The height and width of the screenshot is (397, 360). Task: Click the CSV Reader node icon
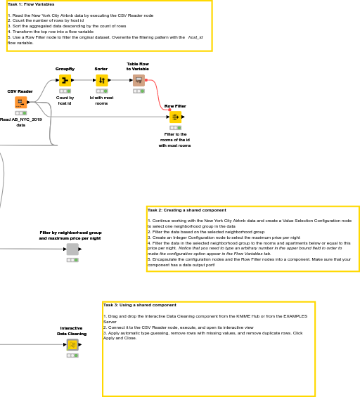(20, 103)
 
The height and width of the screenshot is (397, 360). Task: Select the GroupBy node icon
(65, 80)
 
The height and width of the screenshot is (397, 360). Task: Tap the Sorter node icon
(101, 80)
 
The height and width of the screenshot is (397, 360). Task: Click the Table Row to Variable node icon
(138, 80)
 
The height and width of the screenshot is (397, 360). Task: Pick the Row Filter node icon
(175, 117)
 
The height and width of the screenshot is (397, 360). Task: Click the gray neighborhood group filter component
(72, 249)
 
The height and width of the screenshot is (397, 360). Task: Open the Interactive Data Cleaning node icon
(72, 345)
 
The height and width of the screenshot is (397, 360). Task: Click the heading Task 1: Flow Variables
(31, 4)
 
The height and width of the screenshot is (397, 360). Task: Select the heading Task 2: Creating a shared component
(186, 210)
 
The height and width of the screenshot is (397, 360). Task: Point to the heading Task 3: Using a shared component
(139, 305)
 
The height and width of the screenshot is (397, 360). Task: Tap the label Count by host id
(65, 100)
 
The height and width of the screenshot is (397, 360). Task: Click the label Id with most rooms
(101, 100)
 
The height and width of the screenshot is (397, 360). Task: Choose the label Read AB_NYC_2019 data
(20, 122)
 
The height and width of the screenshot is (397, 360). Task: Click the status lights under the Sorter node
(101, 91)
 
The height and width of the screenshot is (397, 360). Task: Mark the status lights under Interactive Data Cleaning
(72, 356)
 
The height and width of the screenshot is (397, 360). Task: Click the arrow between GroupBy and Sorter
(83, 80)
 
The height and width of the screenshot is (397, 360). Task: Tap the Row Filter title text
(175, 106)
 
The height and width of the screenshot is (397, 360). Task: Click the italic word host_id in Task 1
(195, 37)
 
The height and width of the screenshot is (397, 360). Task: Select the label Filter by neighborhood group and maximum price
(70, 235)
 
